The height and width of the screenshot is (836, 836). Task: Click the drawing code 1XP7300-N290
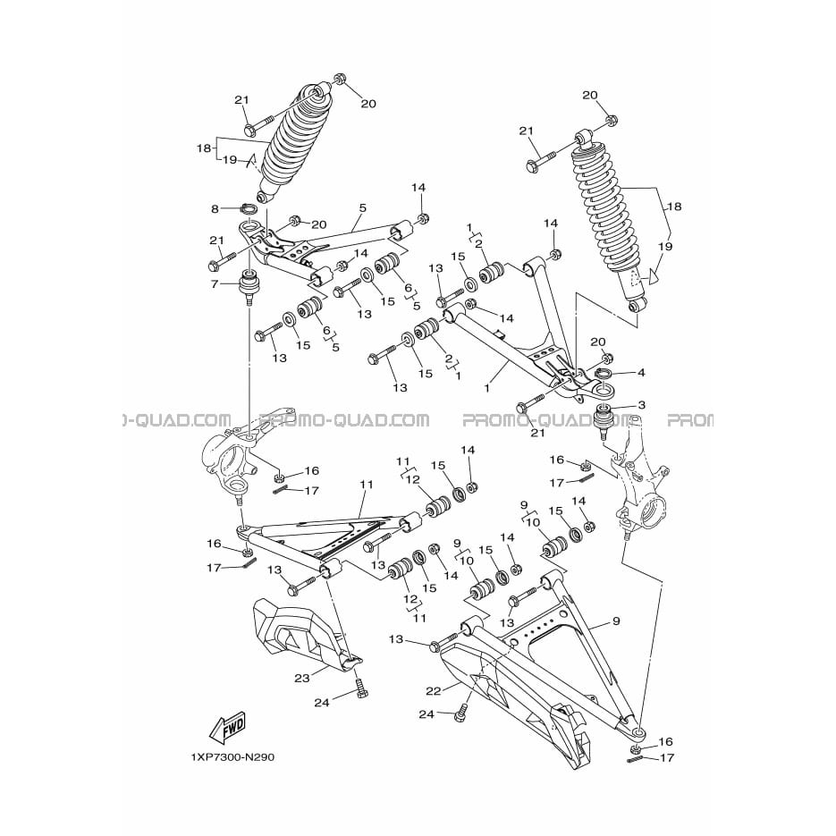(232, 757)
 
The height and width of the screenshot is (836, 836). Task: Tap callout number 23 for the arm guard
(302, 679)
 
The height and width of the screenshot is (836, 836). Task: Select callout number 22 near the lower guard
(434, 691)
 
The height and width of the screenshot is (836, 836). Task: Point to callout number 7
(215, 284)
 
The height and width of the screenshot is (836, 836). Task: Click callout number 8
(215, 208)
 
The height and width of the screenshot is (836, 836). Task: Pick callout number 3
(641, 405)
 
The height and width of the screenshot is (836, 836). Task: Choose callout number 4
(641, 372)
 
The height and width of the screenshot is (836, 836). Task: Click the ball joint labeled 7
(249, 287)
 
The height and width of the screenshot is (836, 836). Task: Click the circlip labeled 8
(248, 208)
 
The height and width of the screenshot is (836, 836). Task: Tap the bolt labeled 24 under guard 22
(461, 713)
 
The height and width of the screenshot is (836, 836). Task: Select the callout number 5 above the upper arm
(362, 207)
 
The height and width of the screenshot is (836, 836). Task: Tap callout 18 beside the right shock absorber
(674, 207)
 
